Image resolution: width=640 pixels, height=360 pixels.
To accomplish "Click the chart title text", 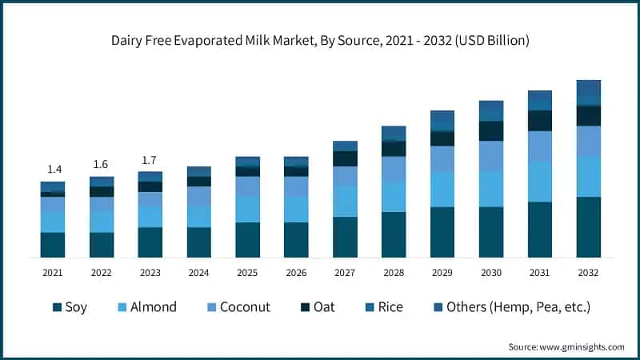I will [320, 39].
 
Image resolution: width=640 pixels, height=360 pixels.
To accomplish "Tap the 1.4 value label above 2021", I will [53, 169].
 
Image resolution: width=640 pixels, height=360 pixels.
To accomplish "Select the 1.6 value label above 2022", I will [102, 164].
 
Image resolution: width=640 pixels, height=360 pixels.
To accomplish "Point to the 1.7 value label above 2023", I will [150, 160].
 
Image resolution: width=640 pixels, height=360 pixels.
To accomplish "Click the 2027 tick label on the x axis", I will [344, 273].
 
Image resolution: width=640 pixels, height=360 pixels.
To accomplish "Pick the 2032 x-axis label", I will [589, 273].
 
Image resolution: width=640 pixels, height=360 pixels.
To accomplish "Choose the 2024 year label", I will [198, 273].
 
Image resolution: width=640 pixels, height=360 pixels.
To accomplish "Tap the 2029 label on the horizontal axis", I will [442, 273].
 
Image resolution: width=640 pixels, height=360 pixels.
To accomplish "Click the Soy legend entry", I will [70, 307].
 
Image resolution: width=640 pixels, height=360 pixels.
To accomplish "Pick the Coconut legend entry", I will [237, 307].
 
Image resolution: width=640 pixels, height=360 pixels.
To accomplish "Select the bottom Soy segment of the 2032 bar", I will [589, 227].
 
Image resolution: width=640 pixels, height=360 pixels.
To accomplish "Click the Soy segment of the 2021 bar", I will [53, 245].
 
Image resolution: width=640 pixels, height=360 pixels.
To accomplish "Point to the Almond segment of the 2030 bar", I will [491, 189].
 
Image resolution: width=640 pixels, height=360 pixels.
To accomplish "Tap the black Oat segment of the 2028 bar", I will [394, 149].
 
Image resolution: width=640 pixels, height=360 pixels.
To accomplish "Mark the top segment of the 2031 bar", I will [540, 100].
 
